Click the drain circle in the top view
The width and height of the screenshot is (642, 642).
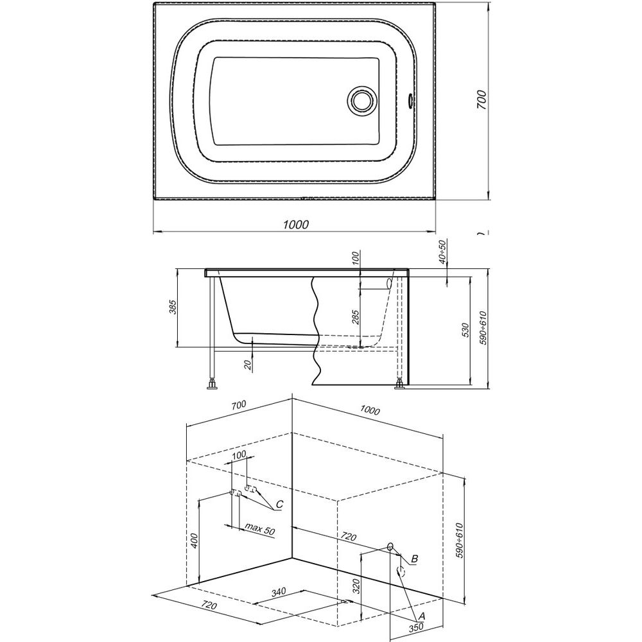pyautogui.click(x=361, y=100)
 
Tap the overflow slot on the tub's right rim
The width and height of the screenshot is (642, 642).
pyautogui.click(x=410, y=100)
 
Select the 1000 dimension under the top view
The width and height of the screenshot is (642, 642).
pyautogui.click(x=295, y=224)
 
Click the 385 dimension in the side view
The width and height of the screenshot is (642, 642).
pyautogui.click(x=173, y=307)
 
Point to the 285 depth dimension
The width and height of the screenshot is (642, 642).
pyautogui.click(x=356, y=318)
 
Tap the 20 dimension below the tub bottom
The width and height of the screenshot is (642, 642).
pyautogui.click(x=248, y=365)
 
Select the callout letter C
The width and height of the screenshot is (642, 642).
pyautogui.click(x=279, y=505)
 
